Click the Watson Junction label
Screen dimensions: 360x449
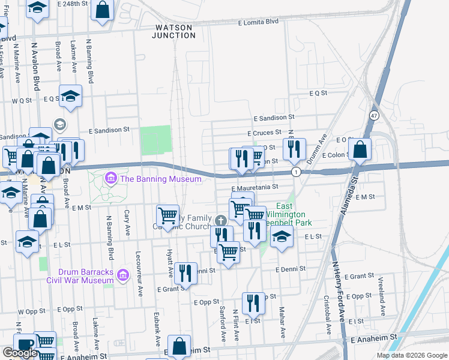tap(175, 31)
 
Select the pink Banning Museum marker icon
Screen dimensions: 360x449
tap(110, 178)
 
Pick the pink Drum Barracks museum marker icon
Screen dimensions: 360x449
tap(123, 275)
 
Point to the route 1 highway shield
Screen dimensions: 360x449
tap(296, 172)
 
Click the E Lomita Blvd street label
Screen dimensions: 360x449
tap(258, 22)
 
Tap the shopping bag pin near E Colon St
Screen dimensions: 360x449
tap(360, 150)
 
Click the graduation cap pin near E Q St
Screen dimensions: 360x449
tap(70, 97)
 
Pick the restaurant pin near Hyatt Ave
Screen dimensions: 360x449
tap(185, 273)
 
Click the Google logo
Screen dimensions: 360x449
tap(20, 353)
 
